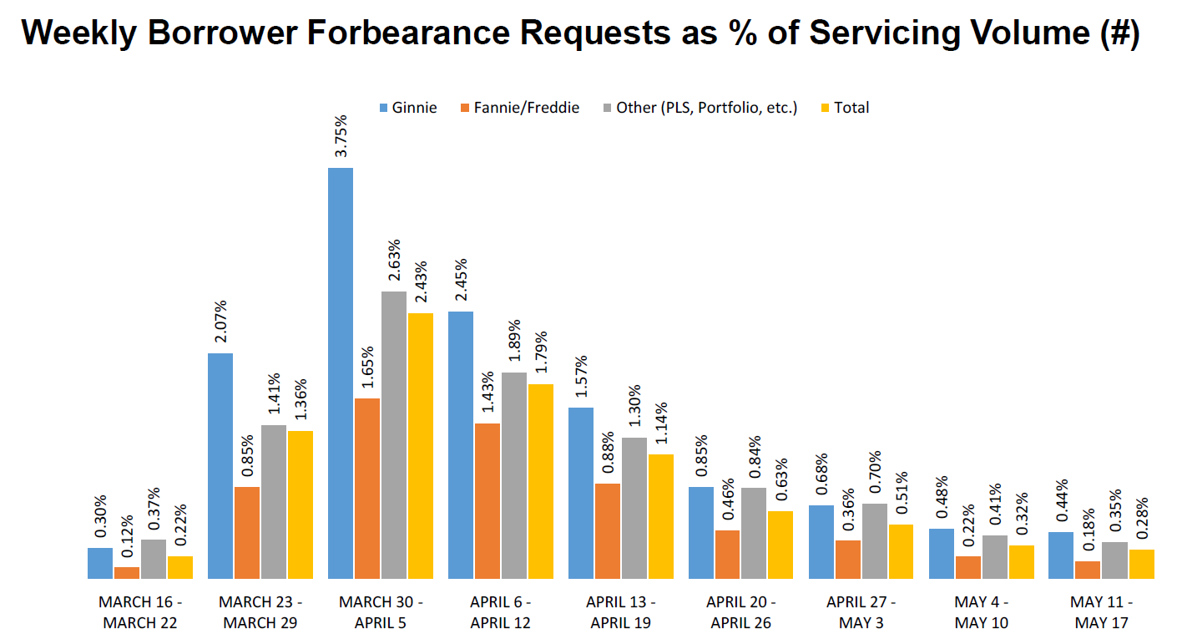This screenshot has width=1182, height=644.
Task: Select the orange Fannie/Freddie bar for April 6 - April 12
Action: point(487,500)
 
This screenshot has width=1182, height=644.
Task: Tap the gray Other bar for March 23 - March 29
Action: point(273,501)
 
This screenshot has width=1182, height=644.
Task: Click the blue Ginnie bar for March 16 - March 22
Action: point(99,563)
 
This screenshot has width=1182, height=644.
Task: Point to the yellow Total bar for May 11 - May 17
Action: point(1141,564)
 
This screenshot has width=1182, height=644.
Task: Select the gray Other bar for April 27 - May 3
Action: point(874,540)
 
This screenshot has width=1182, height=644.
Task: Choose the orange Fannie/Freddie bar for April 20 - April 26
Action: point(727,554)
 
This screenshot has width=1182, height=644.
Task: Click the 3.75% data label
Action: point(341,137)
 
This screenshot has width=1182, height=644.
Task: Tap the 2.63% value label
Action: point(394,261)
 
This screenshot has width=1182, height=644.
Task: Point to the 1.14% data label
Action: point(660,423)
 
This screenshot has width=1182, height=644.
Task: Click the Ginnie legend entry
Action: point(408,108)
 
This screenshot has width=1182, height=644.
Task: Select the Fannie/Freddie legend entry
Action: point(518,108)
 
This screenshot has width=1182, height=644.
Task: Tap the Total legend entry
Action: point(846,108)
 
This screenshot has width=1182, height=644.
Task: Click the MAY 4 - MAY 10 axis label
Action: point(982,612)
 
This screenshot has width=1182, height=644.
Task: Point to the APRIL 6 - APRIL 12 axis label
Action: point(500,612)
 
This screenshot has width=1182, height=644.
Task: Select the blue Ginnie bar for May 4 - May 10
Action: point(941,553)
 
